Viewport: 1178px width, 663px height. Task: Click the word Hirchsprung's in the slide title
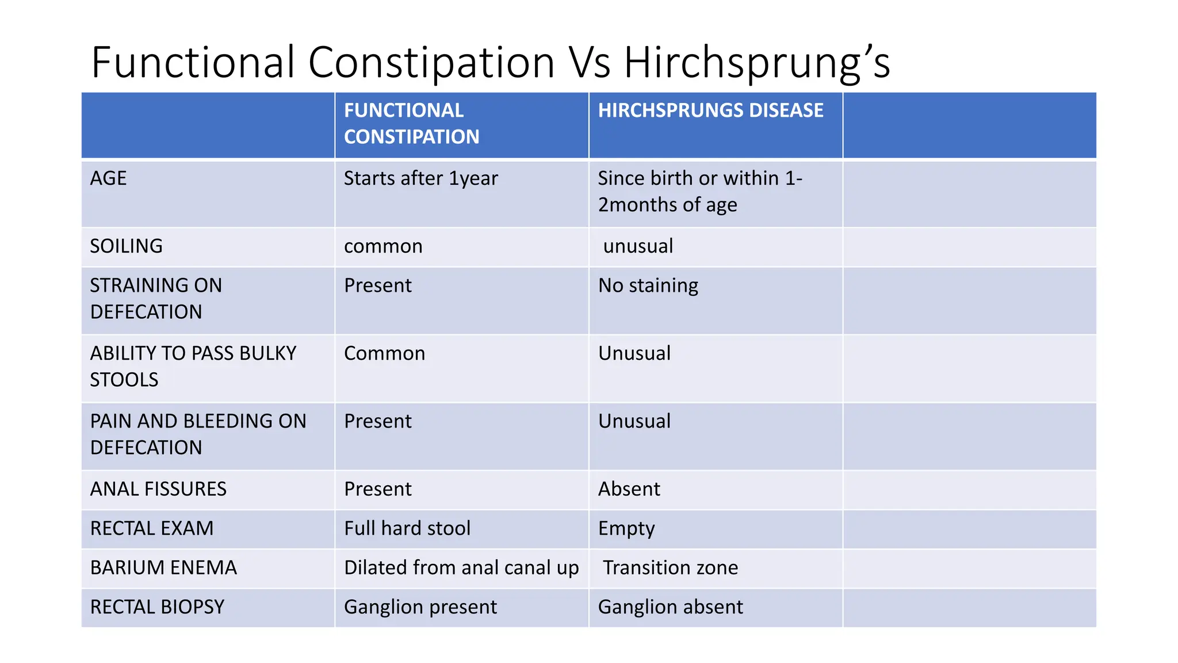[x=757, y=62]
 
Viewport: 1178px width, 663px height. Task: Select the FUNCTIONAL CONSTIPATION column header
[x=411, y=123]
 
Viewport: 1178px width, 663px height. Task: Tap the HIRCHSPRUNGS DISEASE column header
[x=710, y=110]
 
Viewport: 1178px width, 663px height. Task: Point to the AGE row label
[x=108, y=178]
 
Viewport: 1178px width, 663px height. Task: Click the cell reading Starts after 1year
[x=420, y=178]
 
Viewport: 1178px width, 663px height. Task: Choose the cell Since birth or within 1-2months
[x=700, y=191]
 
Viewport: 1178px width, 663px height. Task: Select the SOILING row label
[x=126, y=246]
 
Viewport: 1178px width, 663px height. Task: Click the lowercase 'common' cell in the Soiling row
[x=383, y=246]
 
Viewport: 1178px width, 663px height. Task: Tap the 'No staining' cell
[x=648, y=285]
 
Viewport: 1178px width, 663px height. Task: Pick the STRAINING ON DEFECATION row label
[x=156, y=298]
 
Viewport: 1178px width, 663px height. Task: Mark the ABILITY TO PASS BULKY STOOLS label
[x=193, y=366]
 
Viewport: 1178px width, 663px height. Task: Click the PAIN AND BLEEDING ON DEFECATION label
[x=198, y=434]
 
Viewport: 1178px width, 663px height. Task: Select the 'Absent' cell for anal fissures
[x=629, y=489]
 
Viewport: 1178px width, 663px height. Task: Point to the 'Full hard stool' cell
[x=407, y=528]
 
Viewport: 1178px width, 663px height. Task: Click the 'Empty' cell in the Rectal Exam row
[x=626, y=528]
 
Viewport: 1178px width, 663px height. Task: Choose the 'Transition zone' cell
[x=670, y=568]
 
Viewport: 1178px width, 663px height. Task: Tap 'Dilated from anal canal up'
[x=461, y=568]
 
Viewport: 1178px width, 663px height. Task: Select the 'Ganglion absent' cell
[x=670, y=607]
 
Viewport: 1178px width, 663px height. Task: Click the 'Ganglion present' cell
[x=420, y=607]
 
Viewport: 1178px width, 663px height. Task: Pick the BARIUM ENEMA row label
[x=163, y=568]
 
